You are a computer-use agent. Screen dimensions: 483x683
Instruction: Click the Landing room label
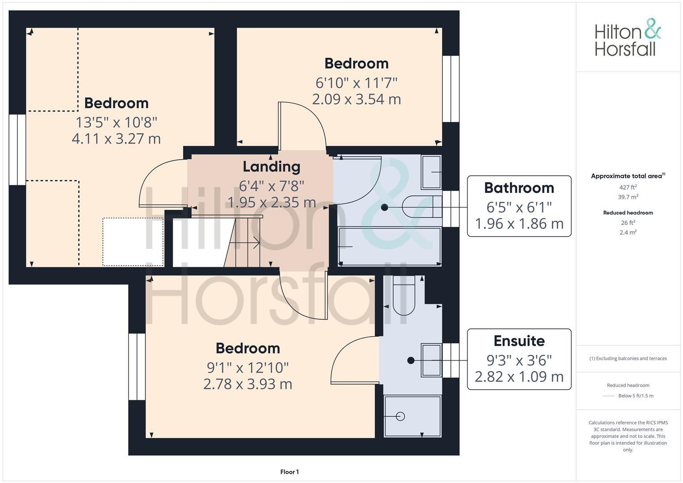(x=271, y=166)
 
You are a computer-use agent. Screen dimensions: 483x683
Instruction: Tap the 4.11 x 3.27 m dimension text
(x=116, y=139)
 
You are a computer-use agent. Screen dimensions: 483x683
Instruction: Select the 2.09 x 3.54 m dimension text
(x=356, y=99)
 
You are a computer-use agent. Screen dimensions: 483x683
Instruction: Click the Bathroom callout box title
(x=519, y=188)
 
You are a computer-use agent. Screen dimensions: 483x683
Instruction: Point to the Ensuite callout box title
(x=519, y=341)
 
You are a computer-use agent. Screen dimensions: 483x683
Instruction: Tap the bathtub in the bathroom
(x=389, y=246)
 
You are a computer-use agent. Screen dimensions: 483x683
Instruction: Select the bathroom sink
(x=431, y=172)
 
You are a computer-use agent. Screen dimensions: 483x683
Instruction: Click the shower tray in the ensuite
(x=412, y=416)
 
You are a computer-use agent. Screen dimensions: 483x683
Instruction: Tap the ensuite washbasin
(x=431, y=360)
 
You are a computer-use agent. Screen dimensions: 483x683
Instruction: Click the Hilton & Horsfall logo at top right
(x=628, y=38)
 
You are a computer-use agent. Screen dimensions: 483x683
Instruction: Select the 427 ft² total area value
(x=628, y=187)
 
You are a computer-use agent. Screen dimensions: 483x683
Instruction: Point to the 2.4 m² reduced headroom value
(x=628, y=232)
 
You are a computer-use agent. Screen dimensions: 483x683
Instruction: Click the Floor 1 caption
(x=289, y=472)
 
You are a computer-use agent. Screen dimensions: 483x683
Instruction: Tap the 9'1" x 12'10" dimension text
(x=247, y=368)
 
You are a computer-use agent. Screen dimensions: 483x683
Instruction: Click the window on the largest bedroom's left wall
(x=17, y=149)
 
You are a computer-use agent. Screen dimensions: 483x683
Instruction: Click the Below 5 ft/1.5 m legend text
(x=636, y=396)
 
